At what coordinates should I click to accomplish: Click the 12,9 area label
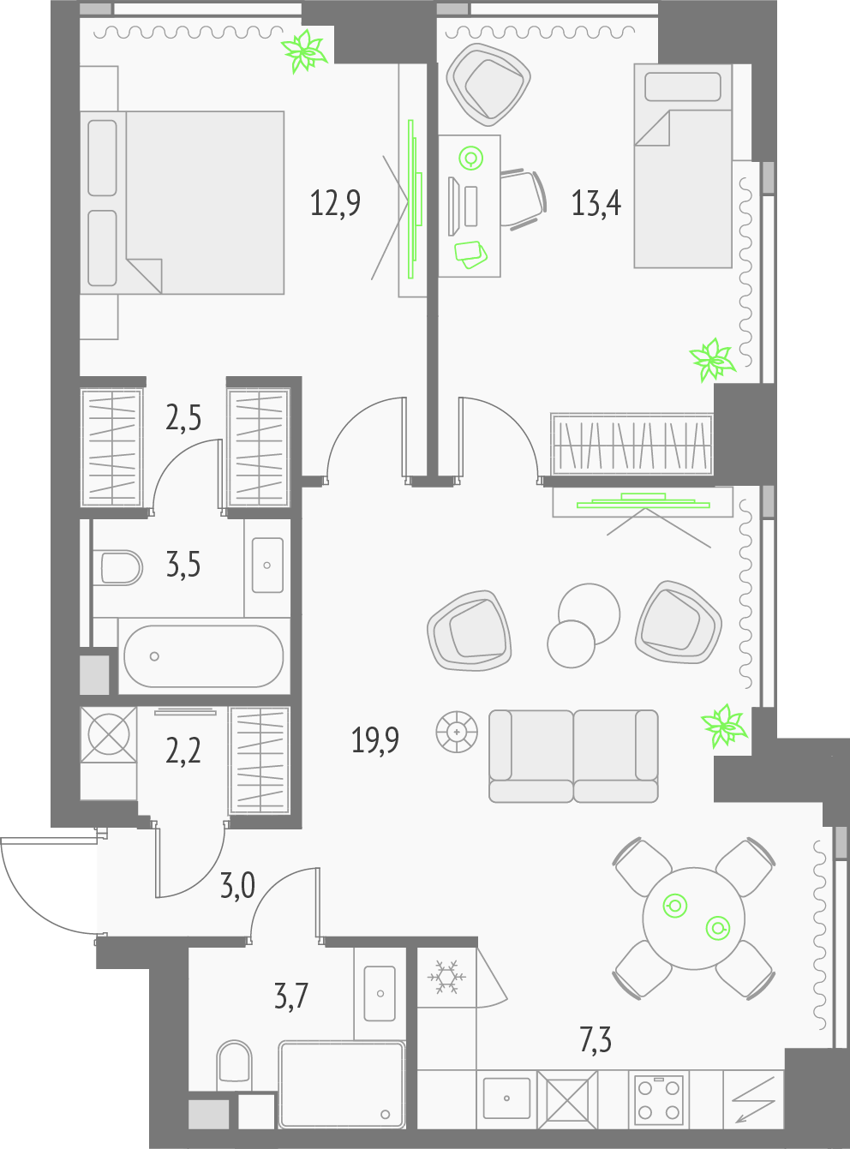pyautogui.click(x=335, y=202)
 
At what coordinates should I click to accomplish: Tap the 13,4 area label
pyautogui.click(x=596, y=202)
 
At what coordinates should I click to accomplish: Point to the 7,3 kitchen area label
pyautogui.click(x=596, y=1041)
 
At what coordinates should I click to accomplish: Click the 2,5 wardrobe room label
pyautogui.click(x=183, y=419)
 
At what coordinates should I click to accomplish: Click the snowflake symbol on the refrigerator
pyautogui.click(x=446, y=977)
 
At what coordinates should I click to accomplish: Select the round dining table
pyautogui.click(x=693, y=918)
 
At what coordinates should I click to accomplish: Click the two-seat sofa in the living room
pyautogui.click(x=573, y=756)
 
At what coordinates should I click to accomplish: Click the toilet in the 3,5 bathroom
pyautogui.click(x=117, y=568)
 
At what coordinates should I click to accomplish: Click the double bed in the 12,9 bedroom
pyautogui.click(x=182, y=202)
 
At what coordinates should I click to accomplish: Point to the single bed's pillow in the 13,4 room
pyautogui.click(x=683, y=87)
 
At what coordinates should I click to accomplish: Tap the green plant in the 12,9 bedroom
pyautogui.click(x=305, y=51)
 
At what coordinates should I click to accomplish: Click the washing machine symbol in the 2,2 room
pyautogui.click(x=109, y=734)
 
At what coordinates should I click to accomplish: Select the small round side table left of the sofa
pyautogui.click(x=457, y=732)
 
